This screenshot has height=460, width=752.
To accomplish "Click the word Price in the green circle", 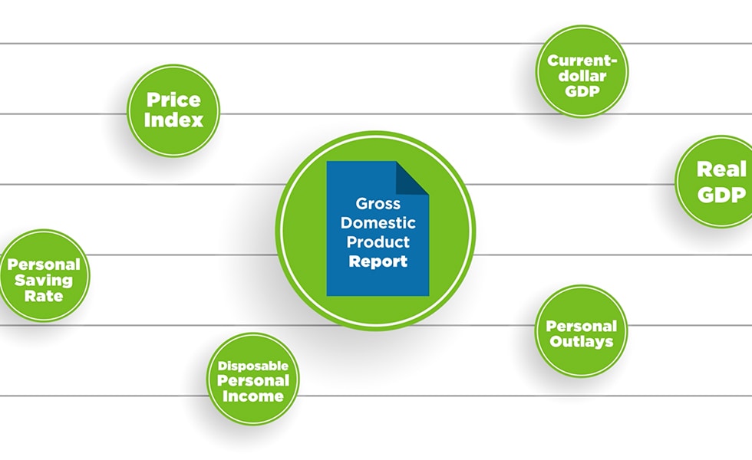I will pyautogui.click(x=173, y=100).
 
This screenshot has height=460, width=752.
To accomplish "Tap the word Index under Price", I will pyautogui.click(x=173, y=120).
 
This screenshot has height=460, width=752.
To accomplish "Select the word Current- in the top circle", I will pyautogui.click(x=581, y=61).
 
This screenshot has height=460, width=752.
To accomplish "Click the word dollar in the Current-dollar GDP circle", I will pyautogui.click(x=581, y=76).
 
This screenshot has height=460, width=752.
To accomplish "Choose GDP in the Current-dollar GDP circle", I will pyautogui.click(x=581, y=91).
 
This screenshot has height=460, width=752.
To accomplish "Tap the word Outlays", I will pyautogui.click(x=581, y=341).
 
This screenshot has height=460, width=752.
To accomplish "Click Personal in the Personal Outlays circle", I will pyautogui.click(x=581, y=326).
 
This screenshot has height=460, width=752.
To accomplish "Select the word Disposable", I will pyautogui.click(x=252, y=366).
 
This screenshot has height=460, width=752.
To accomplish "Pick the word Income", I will pyautogui.click(x=252, y=396).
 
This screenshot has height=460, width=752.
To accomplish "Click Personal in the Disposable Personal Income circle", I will pyautogui.click(x=252, y=381).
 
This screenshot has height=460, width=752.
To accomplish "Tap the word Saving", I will pyautogui.click(x=44, y=280).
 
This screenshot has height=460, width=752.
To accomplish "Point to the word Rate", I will pyautogui.click(x=44, y=295).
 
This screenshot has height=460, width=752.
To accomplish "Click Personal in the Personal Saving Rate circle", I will pyautogui.click(x=44, y=264).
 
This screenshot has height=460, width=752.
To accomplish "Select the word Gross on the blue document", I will pyautogui.click(x=378, y=205).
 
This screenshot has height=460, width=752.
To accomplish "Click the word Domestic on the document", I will pyautogui.click(x=378, y=223).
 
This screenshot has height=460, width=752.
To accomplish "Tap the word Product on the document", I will pyautogui.click(x=378, y=242).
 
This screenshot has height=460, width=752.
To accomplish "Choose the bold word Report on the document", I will pyautogui.click(x=378, y=261).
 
